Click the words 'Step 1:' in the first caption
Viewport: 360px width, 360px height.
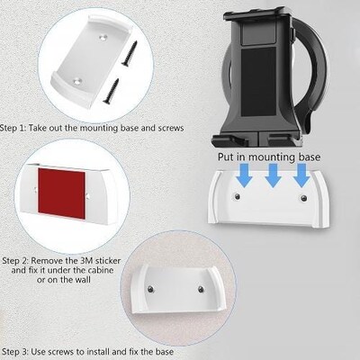16,127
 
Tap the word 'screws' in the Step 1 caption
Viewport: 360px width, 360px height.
168,127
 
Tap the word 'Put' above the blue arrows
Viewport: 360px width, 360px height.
226,157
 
